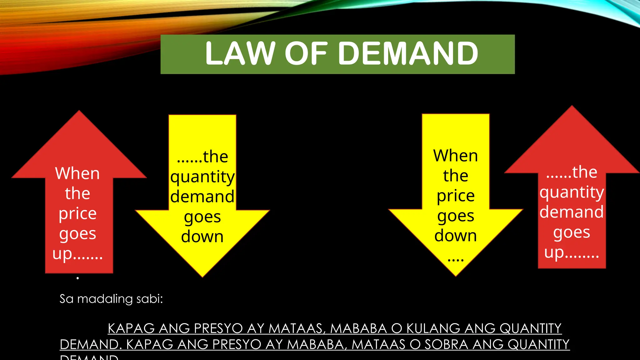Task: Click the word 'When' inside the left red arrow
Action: [x=77, y=173]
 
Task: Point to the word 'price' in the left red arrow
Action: [x=77, y=214]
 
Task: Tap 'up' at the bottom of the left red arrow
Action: [x=62, y=254]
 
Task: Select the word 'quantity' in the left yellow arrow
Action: [x=202, y=177]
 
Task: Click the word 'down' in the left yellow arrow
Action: [x=202, y=237]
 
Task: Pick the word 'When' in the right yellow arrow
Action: [x=456, y=156]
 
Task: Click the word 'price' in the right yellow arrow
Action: [x=456, y=196]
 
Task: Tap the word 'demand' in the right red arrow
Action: [x=572, y=212]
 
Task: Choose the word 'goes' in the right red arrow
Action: [x=572, y=232]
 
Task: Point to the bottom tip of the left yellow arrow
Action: [x=202, y=276]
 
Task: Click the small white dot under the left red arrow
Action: [x=77, y=278]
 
